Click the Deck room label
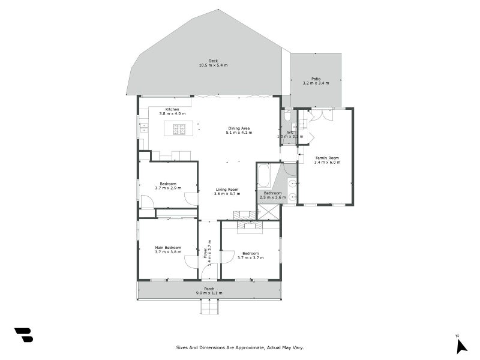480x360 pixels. point(213,61)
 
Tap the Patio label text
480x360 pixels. point(316,79)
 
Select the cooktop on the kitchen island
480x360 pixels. point(179,129)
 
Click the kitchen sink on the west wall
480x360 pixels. point(144,127)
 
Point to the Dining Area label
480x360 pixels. point(239,128)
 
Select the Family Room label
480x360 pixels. point(328,158)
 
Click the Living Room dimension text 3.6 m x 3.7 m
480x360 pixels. point(228,194)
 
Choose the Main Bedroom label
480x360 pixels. point(168,248)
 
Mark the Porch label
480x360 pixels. point(209,289)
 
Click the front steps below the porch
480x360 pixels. point(209,307)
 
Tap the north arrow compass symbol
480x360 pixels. point(461,346)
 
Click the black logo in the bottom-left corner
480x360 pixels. point(23,335)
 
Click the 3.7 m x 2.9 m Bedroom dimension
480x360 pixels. point(168,188)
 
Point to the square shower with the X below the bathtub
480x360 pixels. point(268,212)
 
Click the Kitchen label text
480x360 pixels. point(172,109)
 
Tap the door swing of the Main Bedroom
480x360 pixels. point(191,262)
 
